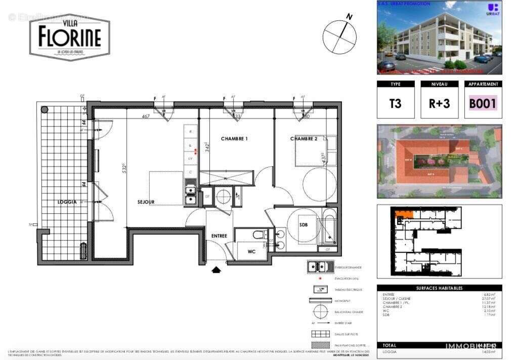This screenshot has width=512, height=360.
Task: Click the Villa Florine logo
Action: [x=69, y=36]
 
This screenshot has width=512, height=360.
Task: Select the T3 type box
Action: [x=395, y=103]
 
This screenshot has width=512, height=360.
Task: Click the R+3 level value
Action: [x=439, y=103]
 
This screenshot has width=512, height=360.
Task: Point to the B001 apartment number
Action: [x=483, y=103]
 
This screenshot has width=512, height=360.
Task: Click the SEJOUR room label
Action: [x=146, y=202]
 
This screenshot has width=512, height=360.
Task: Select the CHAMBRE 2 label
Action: [x=304, y=139]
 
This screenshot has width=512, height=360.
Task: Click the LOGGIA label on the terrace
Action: [x=67, y=202]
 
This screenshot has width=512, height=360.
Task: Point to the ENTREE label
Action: [x=219, y=236]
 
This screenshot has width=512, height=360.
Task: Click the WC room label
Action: [x=252, y=251]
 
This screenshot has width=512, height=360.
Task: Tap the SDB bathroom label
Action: [x=304, y=225]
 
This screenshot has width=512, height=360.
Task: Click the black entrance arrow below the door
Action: [x=217, y=270]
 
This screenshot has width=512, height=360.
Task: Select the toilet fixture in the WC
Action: [x=259, y=234]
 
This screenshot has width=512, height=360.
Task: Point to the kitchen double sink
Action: [x=190, y=195]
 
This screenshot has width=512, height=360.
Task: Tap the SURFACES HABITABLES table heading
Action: [x=439, y=288]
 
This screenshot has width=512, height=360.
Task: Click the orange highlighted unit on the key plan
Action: [x=404, y=215]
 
